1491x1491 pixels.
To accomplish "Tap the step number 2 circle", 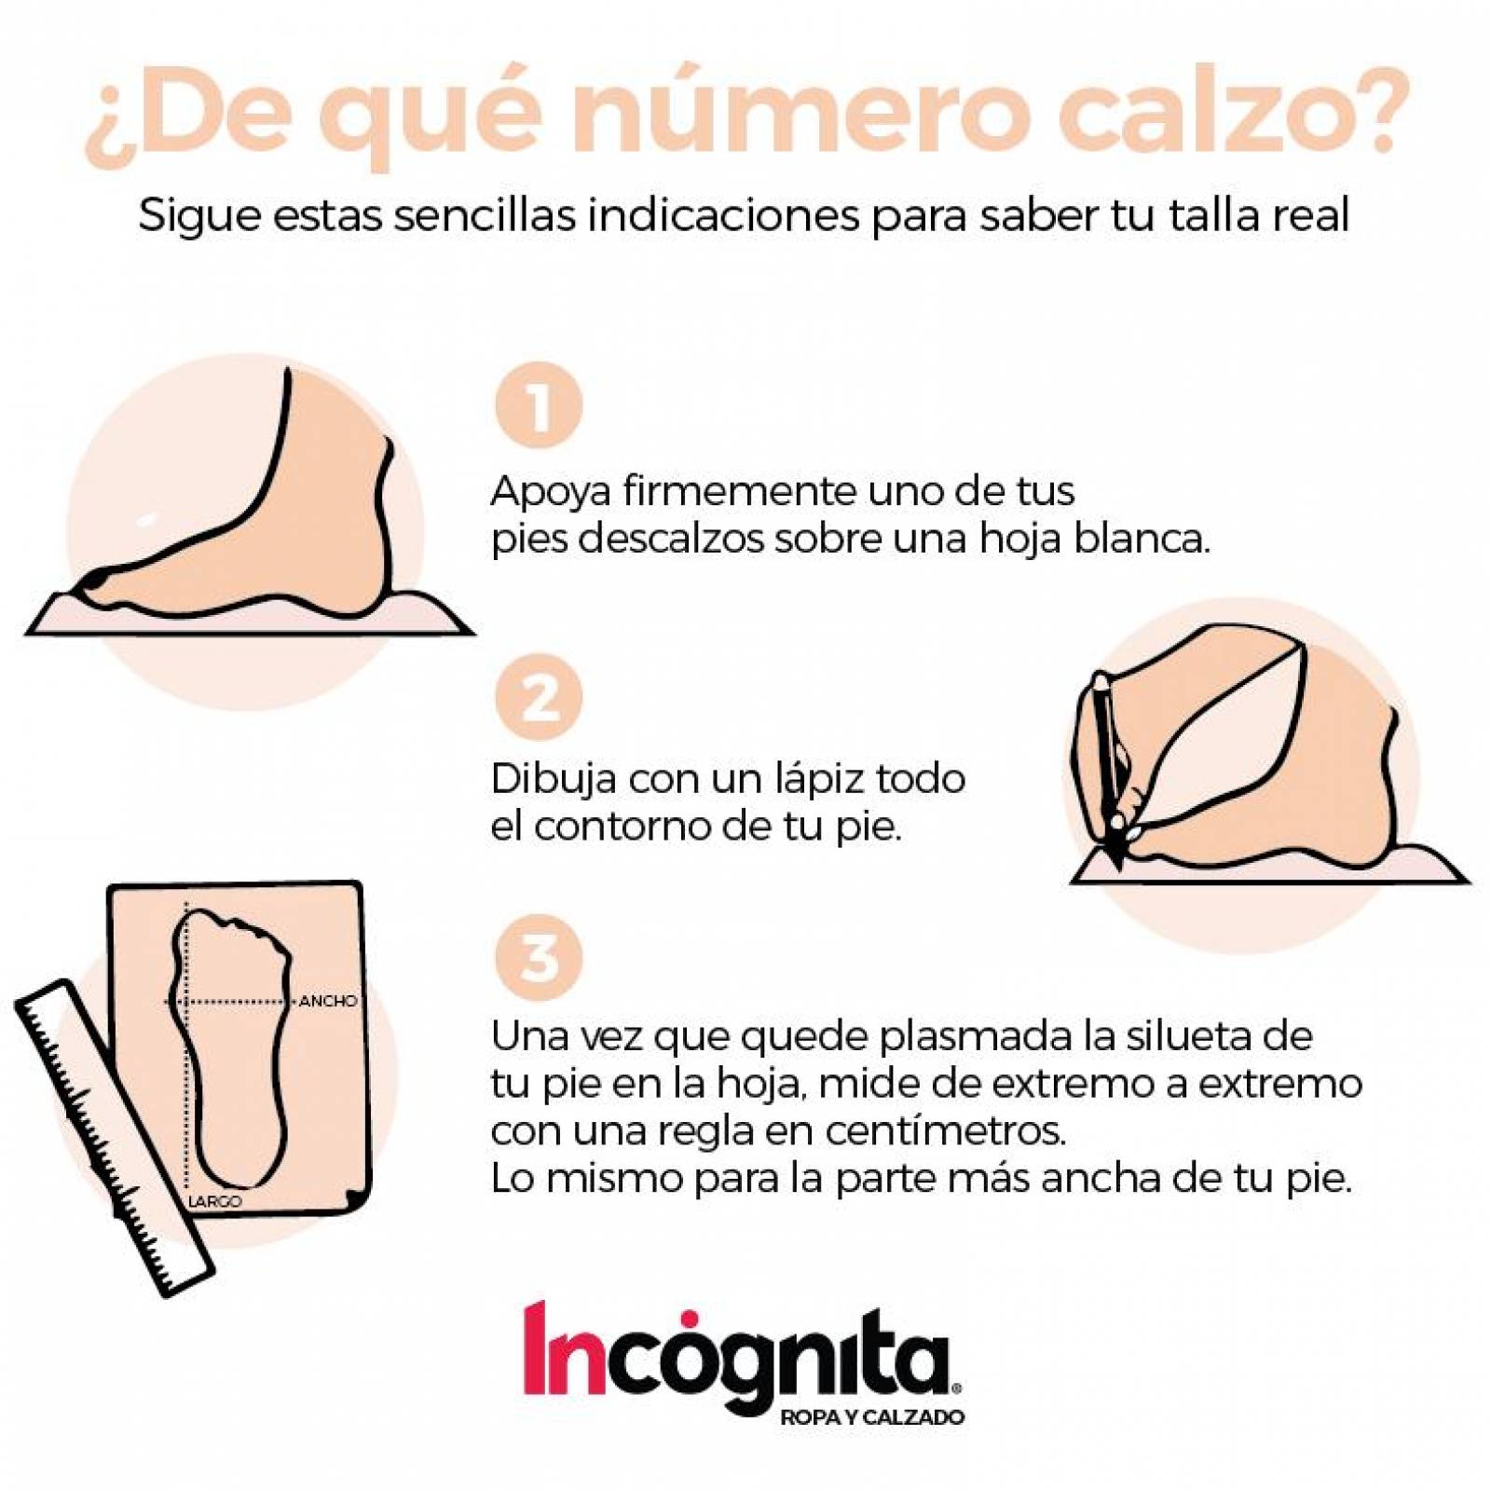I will click(538, 697).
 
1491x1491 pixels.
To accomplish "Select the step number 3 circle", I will click(538, 957).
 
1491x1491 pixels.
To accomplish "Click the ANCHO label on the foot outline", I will click(328, 1001).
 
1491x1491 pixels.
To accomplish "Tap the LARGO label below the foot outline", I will click(215, 1201).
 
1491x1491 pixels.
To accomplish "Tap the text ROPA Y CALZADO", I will click(871, 1417).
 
